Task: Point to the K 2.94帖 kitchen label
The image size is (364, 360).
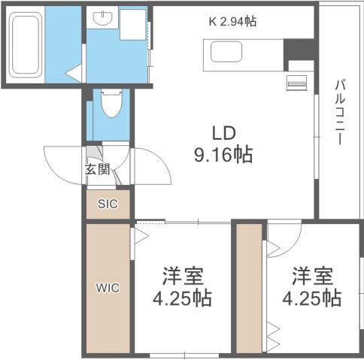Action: pyautogui.click(x=232, y=22)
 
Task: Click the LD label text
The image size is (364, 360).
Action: pyautogui.click(x=224, y=134)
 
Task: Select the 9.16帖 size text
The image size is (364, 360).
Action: pyautogui.click(x=223, y=156)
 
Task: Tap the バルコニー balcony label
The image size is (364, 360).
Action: pyautogui.click(x=339, y=112)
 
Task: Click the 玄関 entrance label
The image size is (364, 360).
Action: pyautogui.click(x=97, y=170)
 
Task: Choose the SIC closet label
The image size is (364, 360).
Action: pyautogui.click(x=107, y=204)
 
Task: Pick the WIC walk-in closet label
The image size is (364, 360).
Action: pyautogui.click(x=106, y=287)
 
